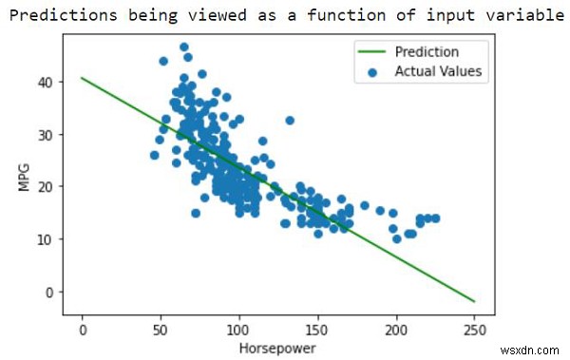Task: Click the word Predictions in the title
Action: [57, 16]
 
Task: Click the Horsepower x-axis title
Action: [277, 349]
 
